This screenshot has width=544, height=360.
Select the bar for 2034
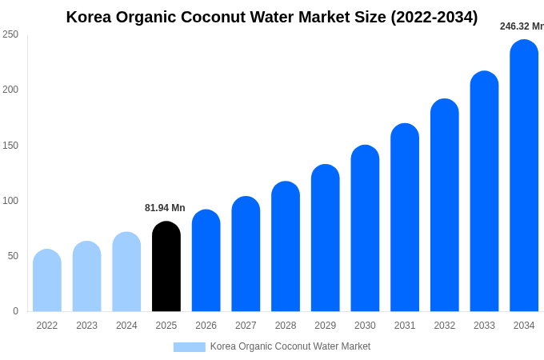click(524, 176)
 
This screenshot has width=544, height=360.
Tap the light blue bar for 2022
click(47, 281)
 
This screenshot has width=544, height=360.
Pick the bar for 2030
click(365, 229)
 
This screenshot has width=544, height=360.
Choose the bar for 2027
click(246, 254)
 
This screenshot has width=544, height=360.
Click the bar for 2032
click(444, 206)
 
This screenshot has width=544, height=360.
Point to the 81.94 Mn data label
click(165, 208)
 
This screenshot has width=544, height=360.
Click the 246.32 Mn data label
click(521, 26)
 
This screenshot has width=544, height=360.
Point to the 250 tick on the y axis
click(10, 34)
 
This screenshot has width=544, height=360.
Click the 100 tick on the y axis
click(10, 201)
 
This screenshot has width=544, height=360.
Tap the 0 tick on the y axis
click(15, 311)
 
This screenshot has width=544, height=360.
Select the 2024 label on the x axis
click(126, 326)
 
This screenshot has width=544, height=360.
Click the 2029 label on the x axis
click(325, 326)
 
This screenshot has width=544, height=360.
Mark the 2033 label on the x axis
click(484, 326)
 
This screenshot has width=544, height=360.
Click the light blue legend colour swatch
click(190, 347)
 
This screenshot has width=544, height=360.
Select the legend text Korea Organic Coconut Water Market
click(290, 346)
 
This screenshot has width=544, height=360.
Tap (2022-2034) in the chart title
click(434, 17)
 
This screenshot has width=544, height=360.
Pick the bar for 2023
click(86, 277)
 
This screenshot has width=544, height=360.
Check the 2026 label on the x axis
click(206, 326)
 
